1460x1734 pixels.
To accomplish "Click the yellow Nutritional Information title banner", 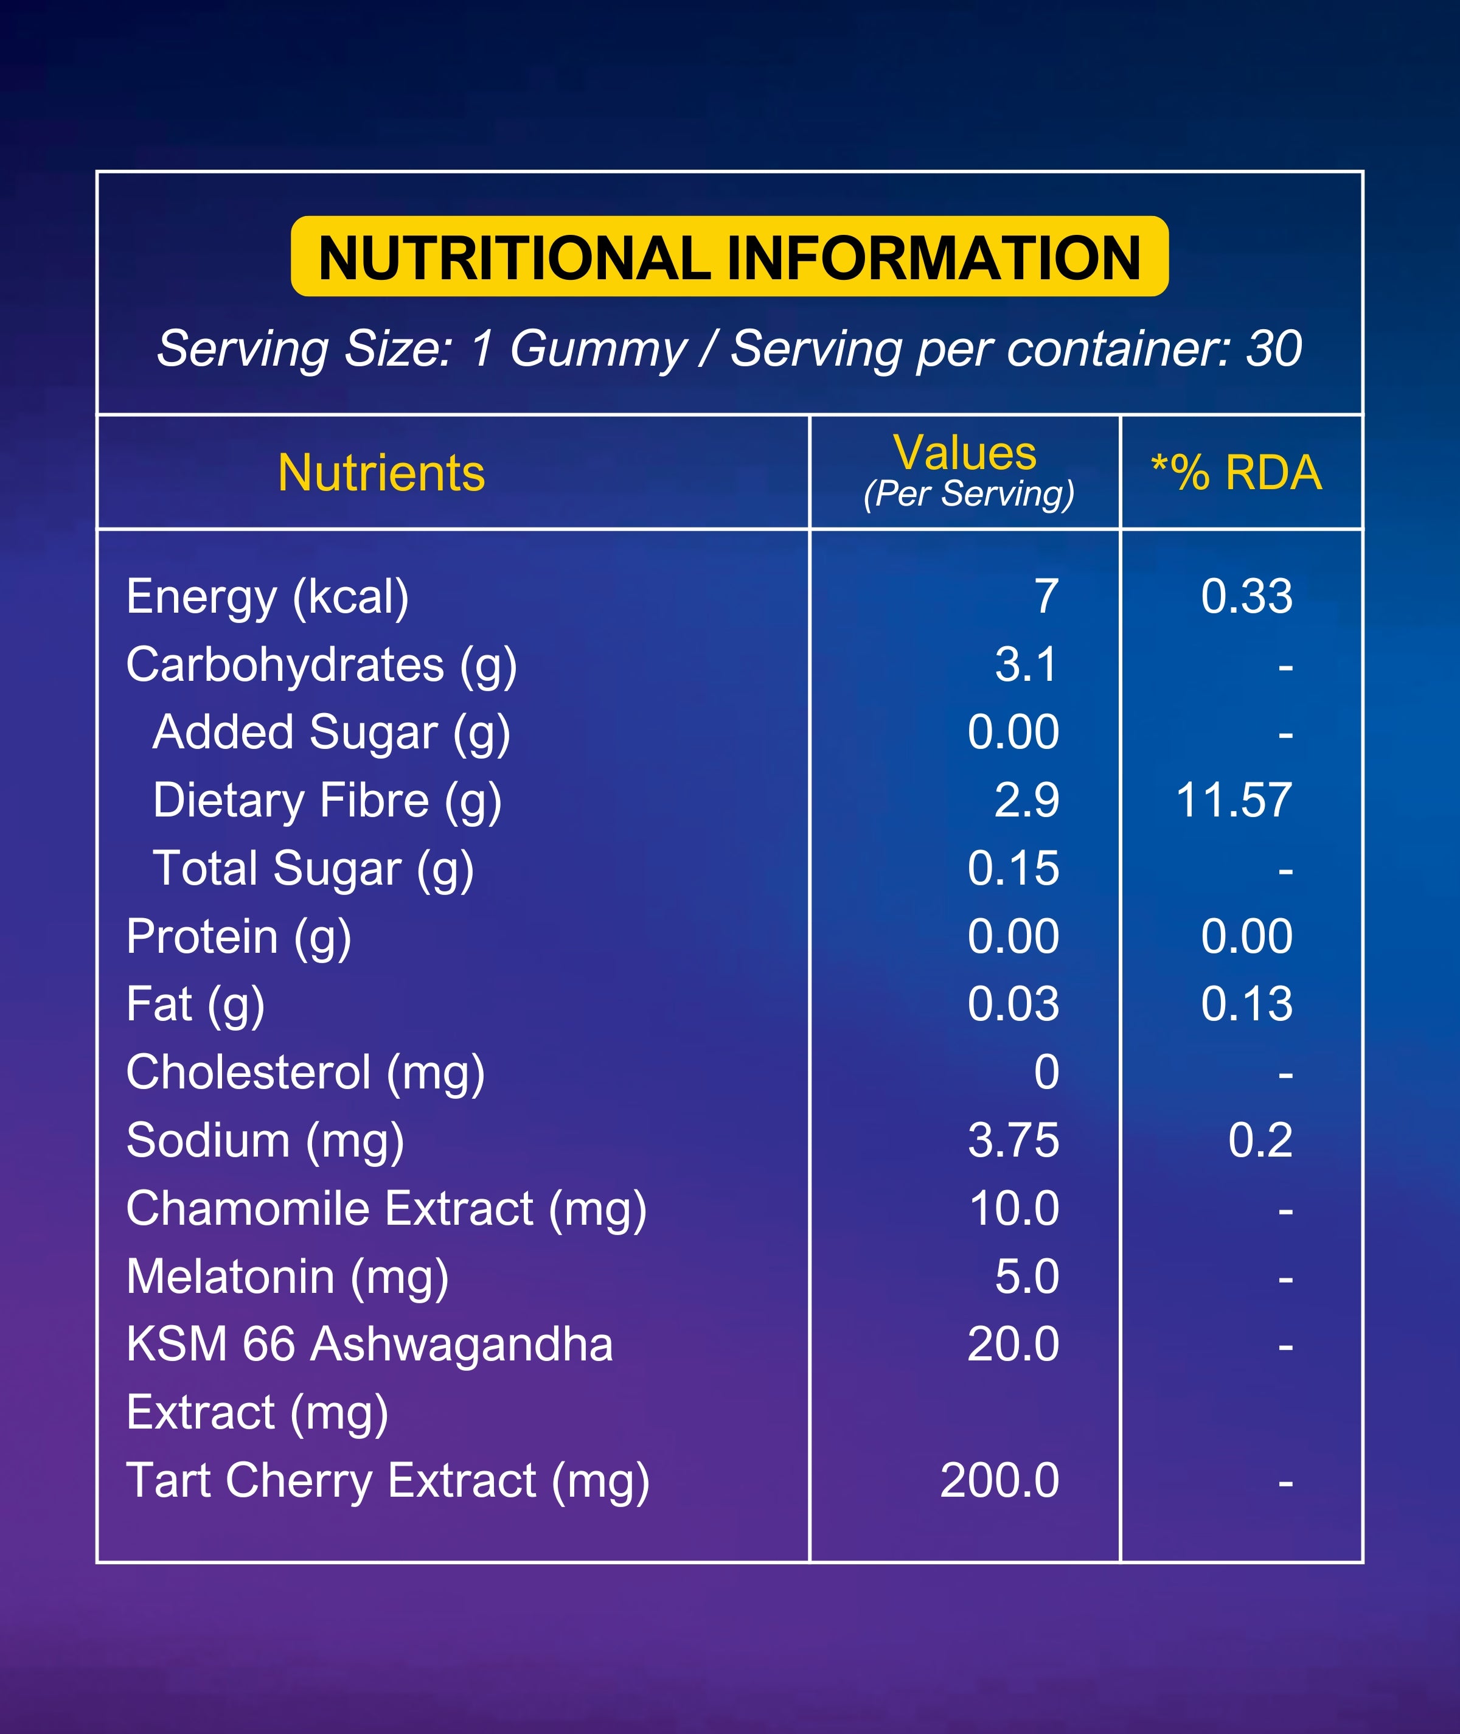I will tap(729, 257).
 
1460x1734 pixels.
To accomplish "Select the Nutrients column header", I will tap(381, 473).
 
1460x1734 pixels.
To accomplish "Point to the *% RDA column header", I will tap(1237, 473).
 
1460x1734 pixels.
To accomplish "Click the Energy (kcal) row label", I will tap(267, 597).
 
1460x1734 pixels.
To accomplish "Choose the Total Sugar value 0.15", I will tap(1013, 868).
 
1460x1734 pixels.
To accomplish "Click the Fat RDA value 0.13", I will tap(1246, 1004).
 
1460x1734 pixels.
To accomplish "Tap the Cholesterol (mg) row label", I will tap(305, 1073).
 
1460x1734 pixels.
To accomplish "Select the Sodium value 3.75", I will tap(1013, 1141).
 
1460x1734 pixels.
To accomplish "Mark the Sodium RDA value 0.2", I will tap(1260, 1141).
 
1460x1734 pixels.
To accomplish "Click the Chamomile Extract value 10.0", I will tap(1014, 1208).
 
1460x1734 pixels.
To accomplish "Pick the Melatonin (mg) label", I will tap(287, 1277).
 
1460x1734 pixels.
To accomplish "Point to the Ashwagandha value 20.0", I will tap(1013, 1344).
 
